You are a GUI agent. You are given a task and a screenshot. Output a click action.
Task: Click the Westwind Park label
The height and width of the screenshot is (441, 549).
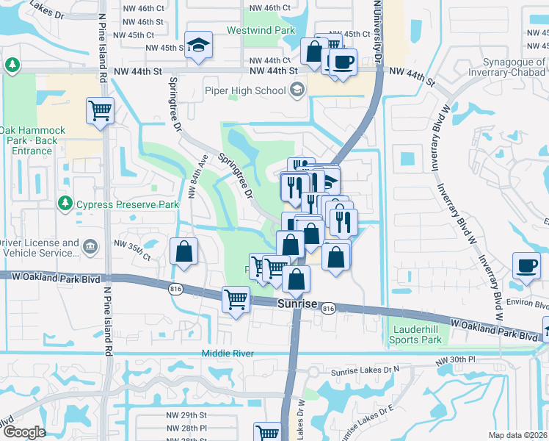click(261, 30)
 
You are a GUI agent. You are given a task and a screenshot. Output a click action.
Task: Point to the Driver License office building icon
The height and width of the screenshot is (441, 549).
click(90, 245)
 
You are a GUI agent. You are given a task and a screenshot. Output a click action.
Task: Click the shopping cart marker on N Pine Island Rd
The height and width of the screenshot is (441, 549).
click(100, 112)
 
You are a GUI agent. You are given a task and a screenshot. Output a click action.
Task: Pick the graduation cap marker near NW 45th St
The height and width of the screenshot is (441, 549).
click(198, 45)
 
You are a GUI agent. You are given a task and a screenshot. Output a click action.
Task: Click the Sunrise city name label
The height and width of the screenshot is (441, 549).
click(297, 304)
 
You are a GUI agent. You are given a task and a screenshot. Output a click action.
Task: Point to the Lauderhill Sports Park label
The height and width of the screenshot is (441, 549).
click(415, 334)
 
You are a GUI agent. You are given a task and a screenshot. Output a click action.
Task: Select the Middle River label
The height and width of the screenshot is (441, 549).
click(228, 354)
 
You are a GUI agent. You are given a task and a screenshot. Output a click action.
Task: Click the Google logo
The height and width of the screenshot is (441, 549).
click(25, 432)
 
